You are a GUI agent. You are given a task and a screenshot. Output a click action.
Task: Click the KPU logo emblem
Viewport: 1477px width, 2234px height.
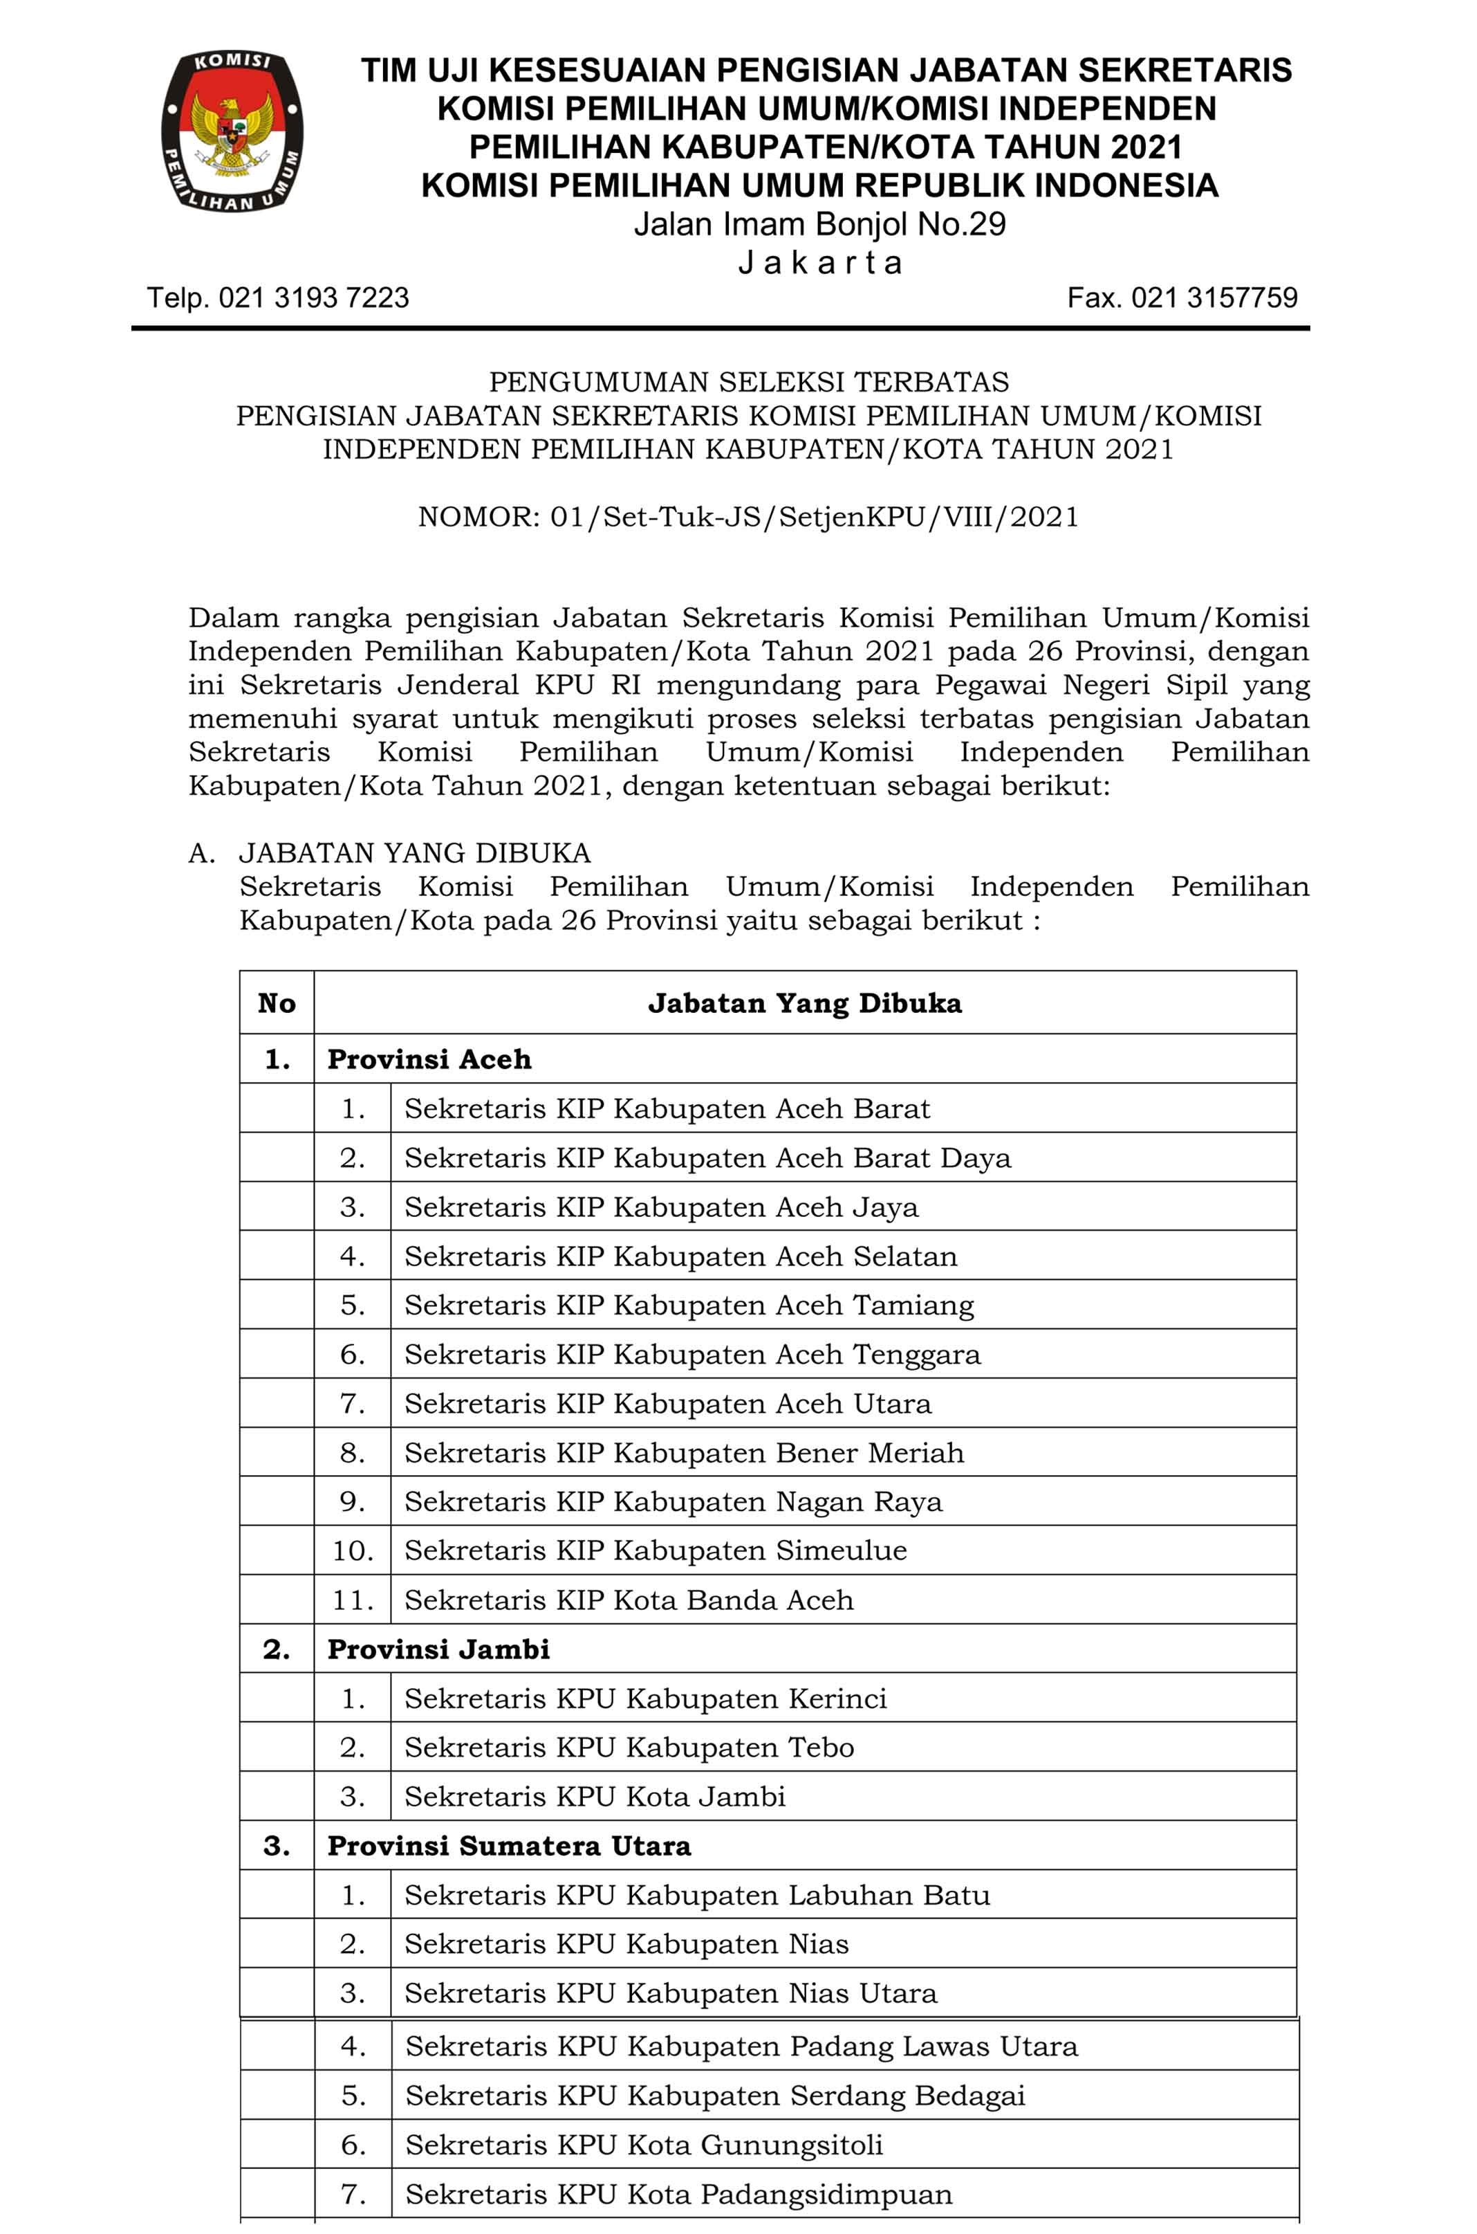tap(232, 131)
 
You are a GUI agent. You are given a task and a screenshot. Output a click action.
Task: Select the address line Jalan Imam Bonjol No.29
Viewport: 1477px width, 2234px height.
tap(819, 224)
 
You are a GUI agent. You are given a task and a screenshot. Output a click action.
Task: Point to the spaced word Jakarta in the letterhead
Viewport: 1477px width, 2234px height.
tap(819, 262)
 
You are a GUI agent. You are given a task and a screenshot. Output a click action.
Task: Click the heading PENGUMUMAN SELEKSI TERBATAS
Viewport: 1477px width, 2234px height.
tap(748, 382)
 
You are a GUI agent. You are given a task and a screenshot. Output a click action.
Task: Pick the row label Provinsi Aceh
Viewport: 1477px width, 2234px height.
tap(429, 1059)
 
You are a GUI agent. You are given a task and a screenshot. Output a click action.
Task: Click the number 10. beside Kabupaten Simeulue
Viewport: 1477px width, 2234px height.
tap(352, 1551)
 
